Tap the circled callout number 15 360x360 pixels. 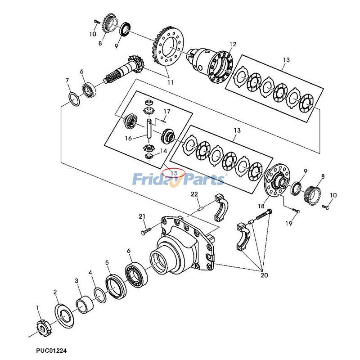(173, 172)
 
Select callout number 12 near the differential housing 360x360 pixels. (233, 44)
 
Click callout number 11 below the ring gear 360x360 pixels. (170, 82)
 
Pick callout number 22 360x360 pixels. (194, 194)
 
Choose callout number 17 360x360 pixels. (166, 111)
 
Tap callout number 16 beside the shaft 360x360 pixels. (129, 138)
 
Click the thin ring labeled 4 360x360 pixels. (100, 294)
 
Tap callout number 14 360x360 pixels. (163, 151)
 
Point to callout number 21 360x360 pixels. (143, 217)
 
